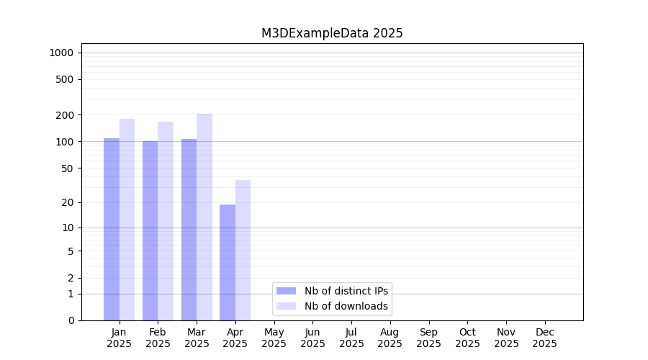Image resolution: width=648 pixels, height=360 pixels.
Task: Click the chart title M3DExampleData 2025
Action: pyautogui.click(x=332, y=33)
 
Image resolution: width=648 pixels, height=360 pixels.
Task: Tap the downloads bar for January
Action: pyautogui.click(x=127, y=220)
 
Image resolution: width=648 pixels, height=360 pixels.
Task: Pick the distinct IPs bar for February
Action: pyautogui.click(x=150, y=230)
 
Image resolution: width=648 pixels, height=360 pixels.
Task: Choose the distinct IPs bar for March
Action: pyautogui.click(x=189, y=230)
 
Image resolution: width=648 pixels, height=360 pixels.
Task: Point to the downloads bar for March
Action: pyautogui.click(x=204, y=217)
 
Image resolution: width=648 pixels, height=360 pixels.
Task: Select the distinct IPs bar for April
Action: pyautogui.click(x=228, y=262)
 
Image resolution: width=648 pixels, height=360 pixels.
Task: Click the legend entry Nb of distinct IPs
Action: pyautogui.click(x=346, y=291)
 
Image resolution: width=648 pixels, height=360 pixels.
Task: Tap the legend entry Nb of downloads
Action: pyautogui.click(x=346, y=306)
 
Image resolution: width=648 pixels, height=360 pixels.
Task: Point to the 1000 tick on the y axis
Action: pyautogui.click(x=61, y=53)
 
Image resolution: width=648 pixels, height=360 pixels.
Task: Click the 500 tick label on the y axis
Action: pyautogui.click(x=65, y=79)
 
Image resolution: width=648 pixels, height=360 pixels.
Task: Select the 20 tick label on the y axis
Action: pyautogui.click(x=68, y=202)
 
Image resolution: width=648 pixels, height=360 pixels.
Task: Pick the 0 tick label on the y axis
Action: pyautogui.click(x=71, y=320)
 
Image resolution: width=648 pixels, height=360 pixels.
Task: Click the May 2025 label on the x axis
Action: pyautogui.click(x=274, y=338)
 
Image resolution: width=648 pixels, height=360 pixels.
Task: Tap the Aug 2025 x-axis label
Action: pyautogui.click(x=390, y=338)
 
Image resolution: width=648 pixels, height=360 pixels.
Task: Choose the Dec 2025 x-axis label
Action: pyautogui.click(x=544, y=338)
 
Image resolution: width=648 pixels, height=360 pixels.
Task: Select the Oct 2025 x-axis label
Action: pyautogui.click(x=467, y=338)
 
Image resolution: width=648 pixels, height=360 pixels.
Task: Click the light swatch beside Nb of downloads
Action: pyautogui.click(x=286, y=306)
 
